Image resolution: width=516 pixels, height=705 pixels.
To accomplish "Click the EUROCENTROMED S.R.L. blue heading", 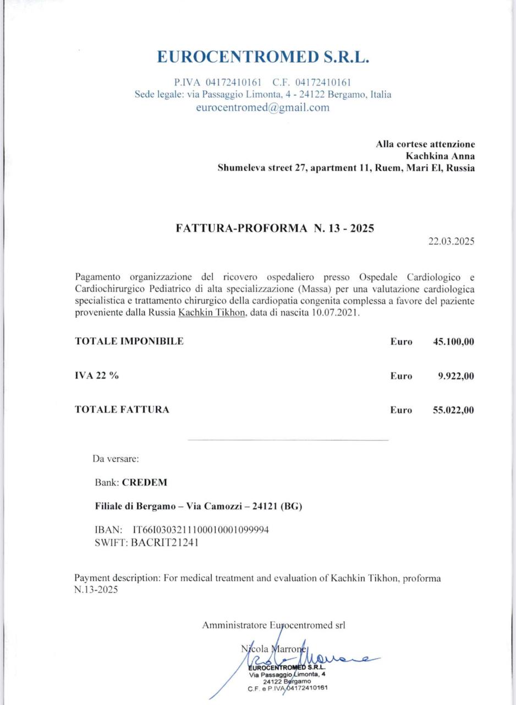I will [x=262, y=57].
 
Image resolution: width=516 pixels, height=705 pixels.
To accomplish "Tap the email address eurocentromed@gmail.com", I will [x=262, y=107].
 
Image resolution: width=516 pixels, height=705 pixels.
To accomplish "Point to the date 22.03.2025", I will [x=451, y=241].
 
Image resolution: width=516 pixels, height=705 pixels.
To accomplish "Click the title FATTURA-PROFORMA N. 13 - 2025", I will [x=275, y=228].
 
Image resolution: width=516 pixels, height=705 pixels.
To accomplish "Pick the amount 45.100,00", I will [x=453, y=341].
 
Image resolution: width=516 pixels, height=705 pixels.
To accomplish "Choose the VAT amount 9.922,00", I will [x=455, y=376].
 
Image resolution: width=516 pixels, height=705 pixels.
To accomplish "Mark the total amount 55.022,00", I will [x=453, y=410].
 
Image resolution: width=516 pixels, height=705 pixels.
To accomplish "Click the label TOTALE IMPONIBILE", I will [x=129, y=341].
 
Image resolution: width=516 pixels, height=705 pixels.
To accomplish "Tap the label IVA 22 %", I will [x=97, y=376].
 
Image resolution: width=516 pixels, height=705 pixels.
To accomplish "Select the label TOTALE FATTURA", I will [x=122, y=410].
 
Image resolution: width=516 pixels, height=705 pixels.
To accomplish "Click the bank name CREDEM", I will [x=144, y=482].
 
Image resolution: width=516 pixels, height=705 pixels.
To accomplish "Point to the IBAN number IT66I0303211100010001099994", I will [x=201, y=530].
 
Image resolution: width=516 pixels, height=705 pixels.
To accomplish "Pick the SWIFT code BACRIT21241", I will [x=165, y=542].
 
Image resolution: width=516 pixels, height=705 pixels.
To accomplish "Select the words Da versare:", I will [x=116, y=458].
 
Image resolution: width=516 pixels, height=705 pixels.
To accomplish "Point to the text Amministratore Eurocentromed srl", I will [x=273, y=625].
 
